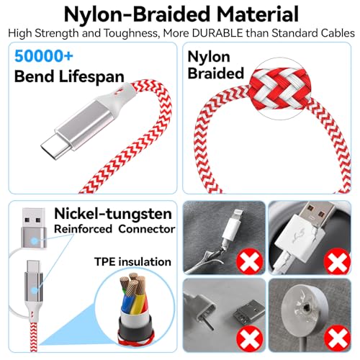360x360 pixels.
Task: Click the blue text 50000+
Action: (x=44, y=56)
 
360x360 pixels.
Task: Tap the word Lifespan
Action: (x=91, y=77)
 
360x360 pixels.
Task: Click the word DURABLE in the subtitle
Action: (x=217, y=33)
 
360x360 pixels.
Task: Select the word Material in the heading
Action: (x=258, y=14)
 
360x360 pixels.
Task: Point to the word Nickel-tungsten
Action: (x=113, y=213)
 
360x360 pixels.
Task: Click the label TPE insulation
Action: (x=132, y=261)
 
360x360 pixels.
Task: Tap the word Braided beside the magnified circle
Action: (x=216, y=73)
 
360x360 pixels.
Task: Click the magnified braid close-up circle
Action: (x=280, y=89)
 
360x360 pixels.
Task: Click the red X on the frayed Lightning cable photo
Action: (x=249, y=261)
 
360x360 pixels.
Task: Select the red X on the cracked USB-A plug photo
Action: (x=337, y=261)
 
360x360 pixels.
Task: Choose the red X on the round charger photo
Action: (x=337, y=338)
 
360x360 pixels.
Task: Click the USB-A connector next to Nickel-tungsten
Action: (x=34, y=228)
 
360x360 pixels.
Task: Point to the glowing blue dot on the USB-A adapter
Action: (x=35, y=240)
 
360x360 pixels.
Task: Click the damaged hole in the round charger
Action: (x=306, y=307)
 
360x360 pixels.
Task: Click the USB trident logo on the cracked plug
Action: (x=298, y=236)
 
